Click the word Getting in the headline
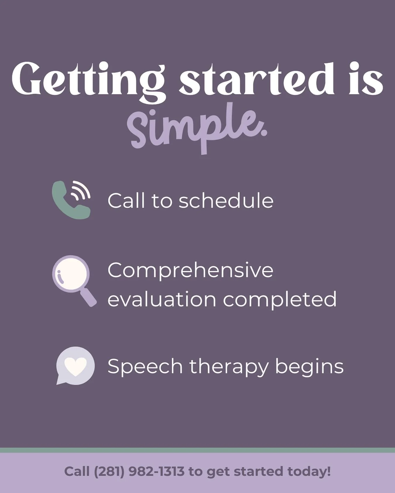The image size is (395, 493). (x=88, y=79)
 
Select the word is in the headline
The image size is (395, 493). (x=366, y=79)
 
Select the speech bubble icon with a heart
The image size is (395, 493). (x=75, y=365)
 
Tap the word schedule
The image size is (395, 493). (x=226, y=201)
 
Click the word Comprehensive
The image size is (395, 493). (x=190, y=270)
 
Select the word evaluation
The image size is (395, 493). (x=162, y=300)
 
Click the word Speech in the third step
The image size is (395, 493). (x=145, y=367)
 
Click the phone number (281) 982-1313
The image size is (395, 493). (x=139, y=471)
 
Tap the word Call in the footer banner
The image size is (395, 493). (x=77, y=471)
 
